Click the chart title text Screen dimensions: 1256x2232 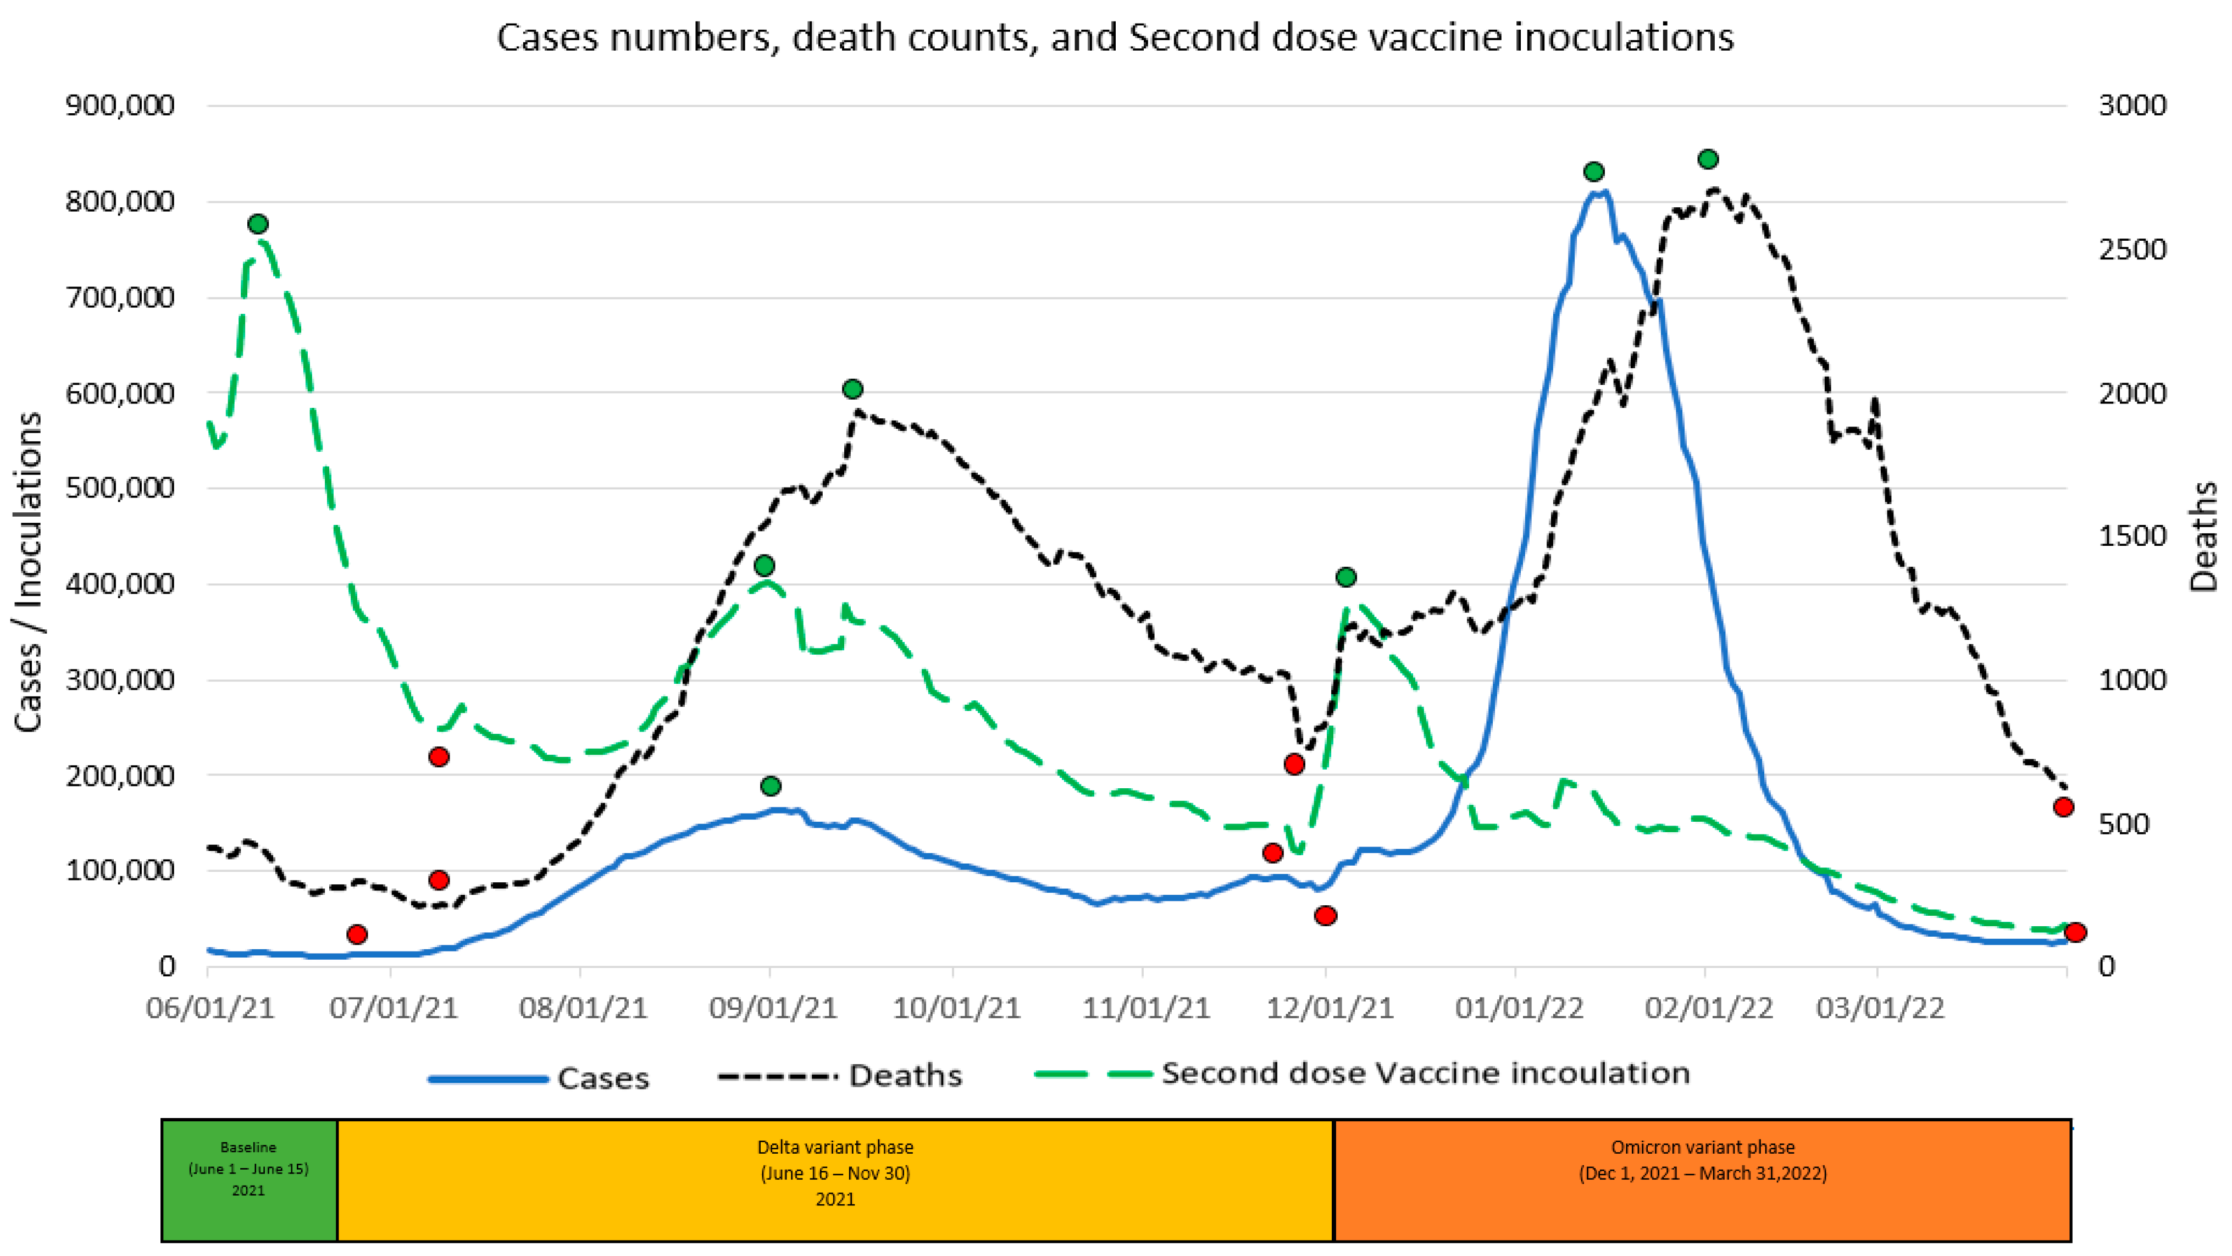point(1115,37)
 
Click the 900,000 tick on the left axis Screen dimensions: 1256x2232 point(120,106)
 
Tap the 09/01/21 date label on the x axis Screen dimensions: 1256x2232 point(772,1008)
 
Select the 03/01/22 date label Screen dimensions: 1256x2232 point(1880,1008)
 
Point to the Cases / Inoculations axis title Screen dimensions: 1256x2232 point(29,572)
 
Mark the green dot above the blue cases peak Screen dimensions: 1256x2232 point(1593,171)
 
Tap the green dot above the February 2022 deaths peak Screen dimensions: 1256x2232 point(1708,159)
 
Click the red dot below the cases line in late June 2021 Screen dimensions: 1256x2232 point(356,934)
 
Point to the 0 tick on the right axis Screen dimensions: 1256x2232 point(2107,966)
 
